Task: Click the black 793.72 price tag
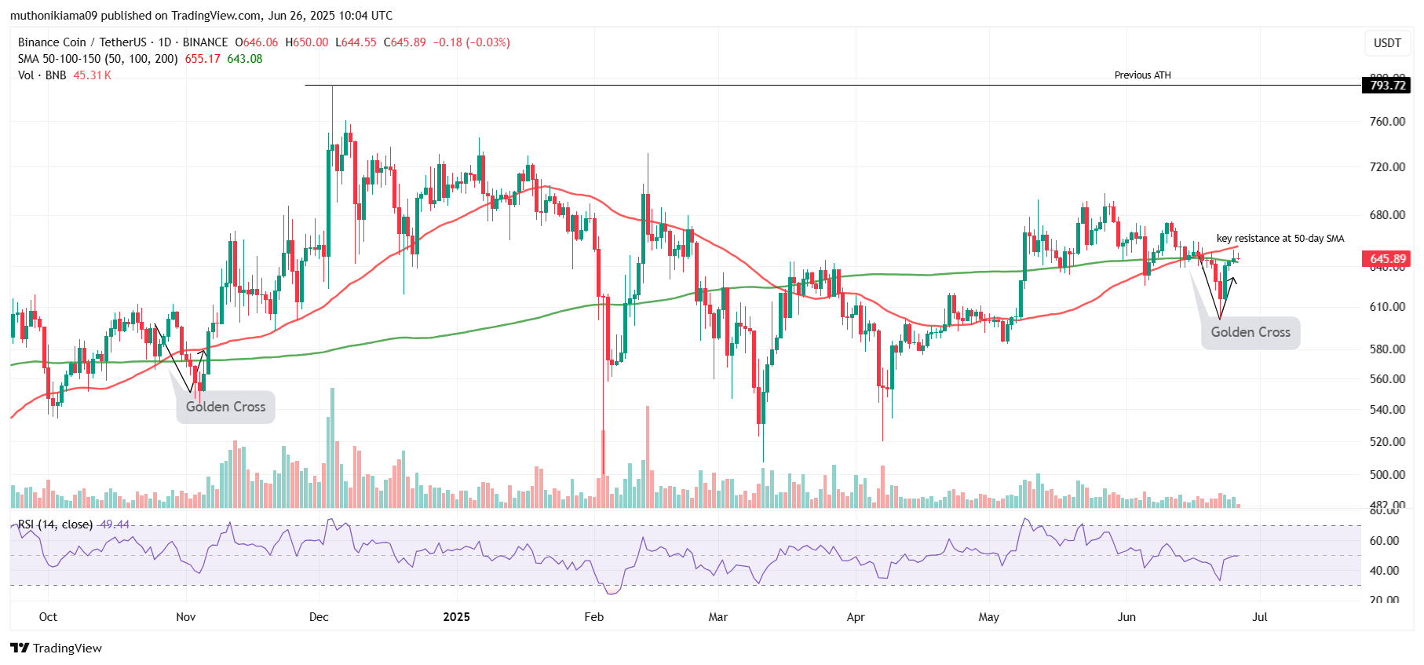1386,86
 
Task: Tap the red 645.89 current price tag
1386,259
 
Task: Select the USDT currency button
1387,43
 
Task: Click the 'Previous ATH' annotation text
1142,75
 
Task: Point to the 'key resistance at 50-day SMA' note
1280,239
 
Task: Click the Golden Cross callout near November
225,407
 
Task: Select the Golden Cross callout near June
1250,332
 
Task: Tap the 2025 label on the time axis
456,617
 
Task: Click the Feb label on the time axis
594,617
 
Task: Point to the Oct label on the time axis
48,617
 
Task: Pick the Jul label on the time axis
1259,617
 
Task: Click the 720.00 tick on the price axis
1387,167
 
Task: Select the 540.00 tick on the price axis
1387,410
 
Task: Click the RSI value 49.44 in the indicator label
115,524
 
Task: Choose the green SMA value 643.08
245,59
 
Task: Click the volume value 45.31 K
92,75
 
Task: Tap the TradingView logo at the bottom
57,648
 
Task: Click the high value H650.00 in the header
307,42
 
